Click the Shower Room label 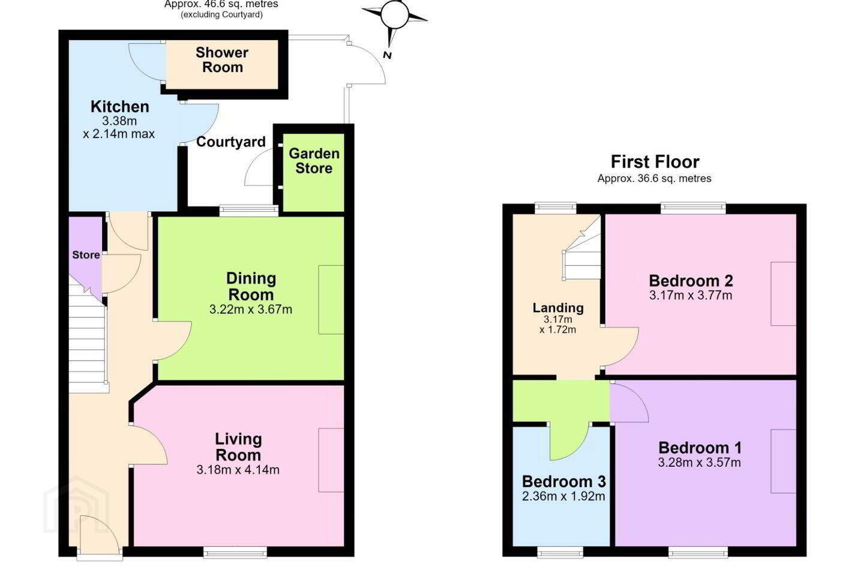[x=222, y=60]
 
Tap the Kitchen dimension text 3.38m [x=119, y=121]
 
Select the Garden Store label [x=314, y=161]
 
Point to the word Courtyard [x=230, y=142]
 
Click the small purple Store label [x=86, y=254]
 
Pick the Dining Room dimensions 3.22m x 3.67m [x=251, y=309]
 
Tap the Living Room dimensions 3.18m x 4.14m [x=238, y=470]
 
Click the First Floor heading [x=655, y=161]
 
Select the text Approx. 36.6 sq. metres [x=655, y=178]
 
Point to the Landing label [x=558, y=307]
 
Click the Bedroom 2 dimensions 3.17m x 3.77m [x=691, y=295]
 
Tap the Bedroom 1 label [x=700, y=448]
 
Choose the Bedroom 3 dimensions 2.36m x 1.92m [x=563, y=496]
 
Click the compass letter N [x=388, y=55]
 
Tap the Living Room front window [x=235, y=552]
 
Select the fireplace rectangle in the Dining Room [x=331, y=299]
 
